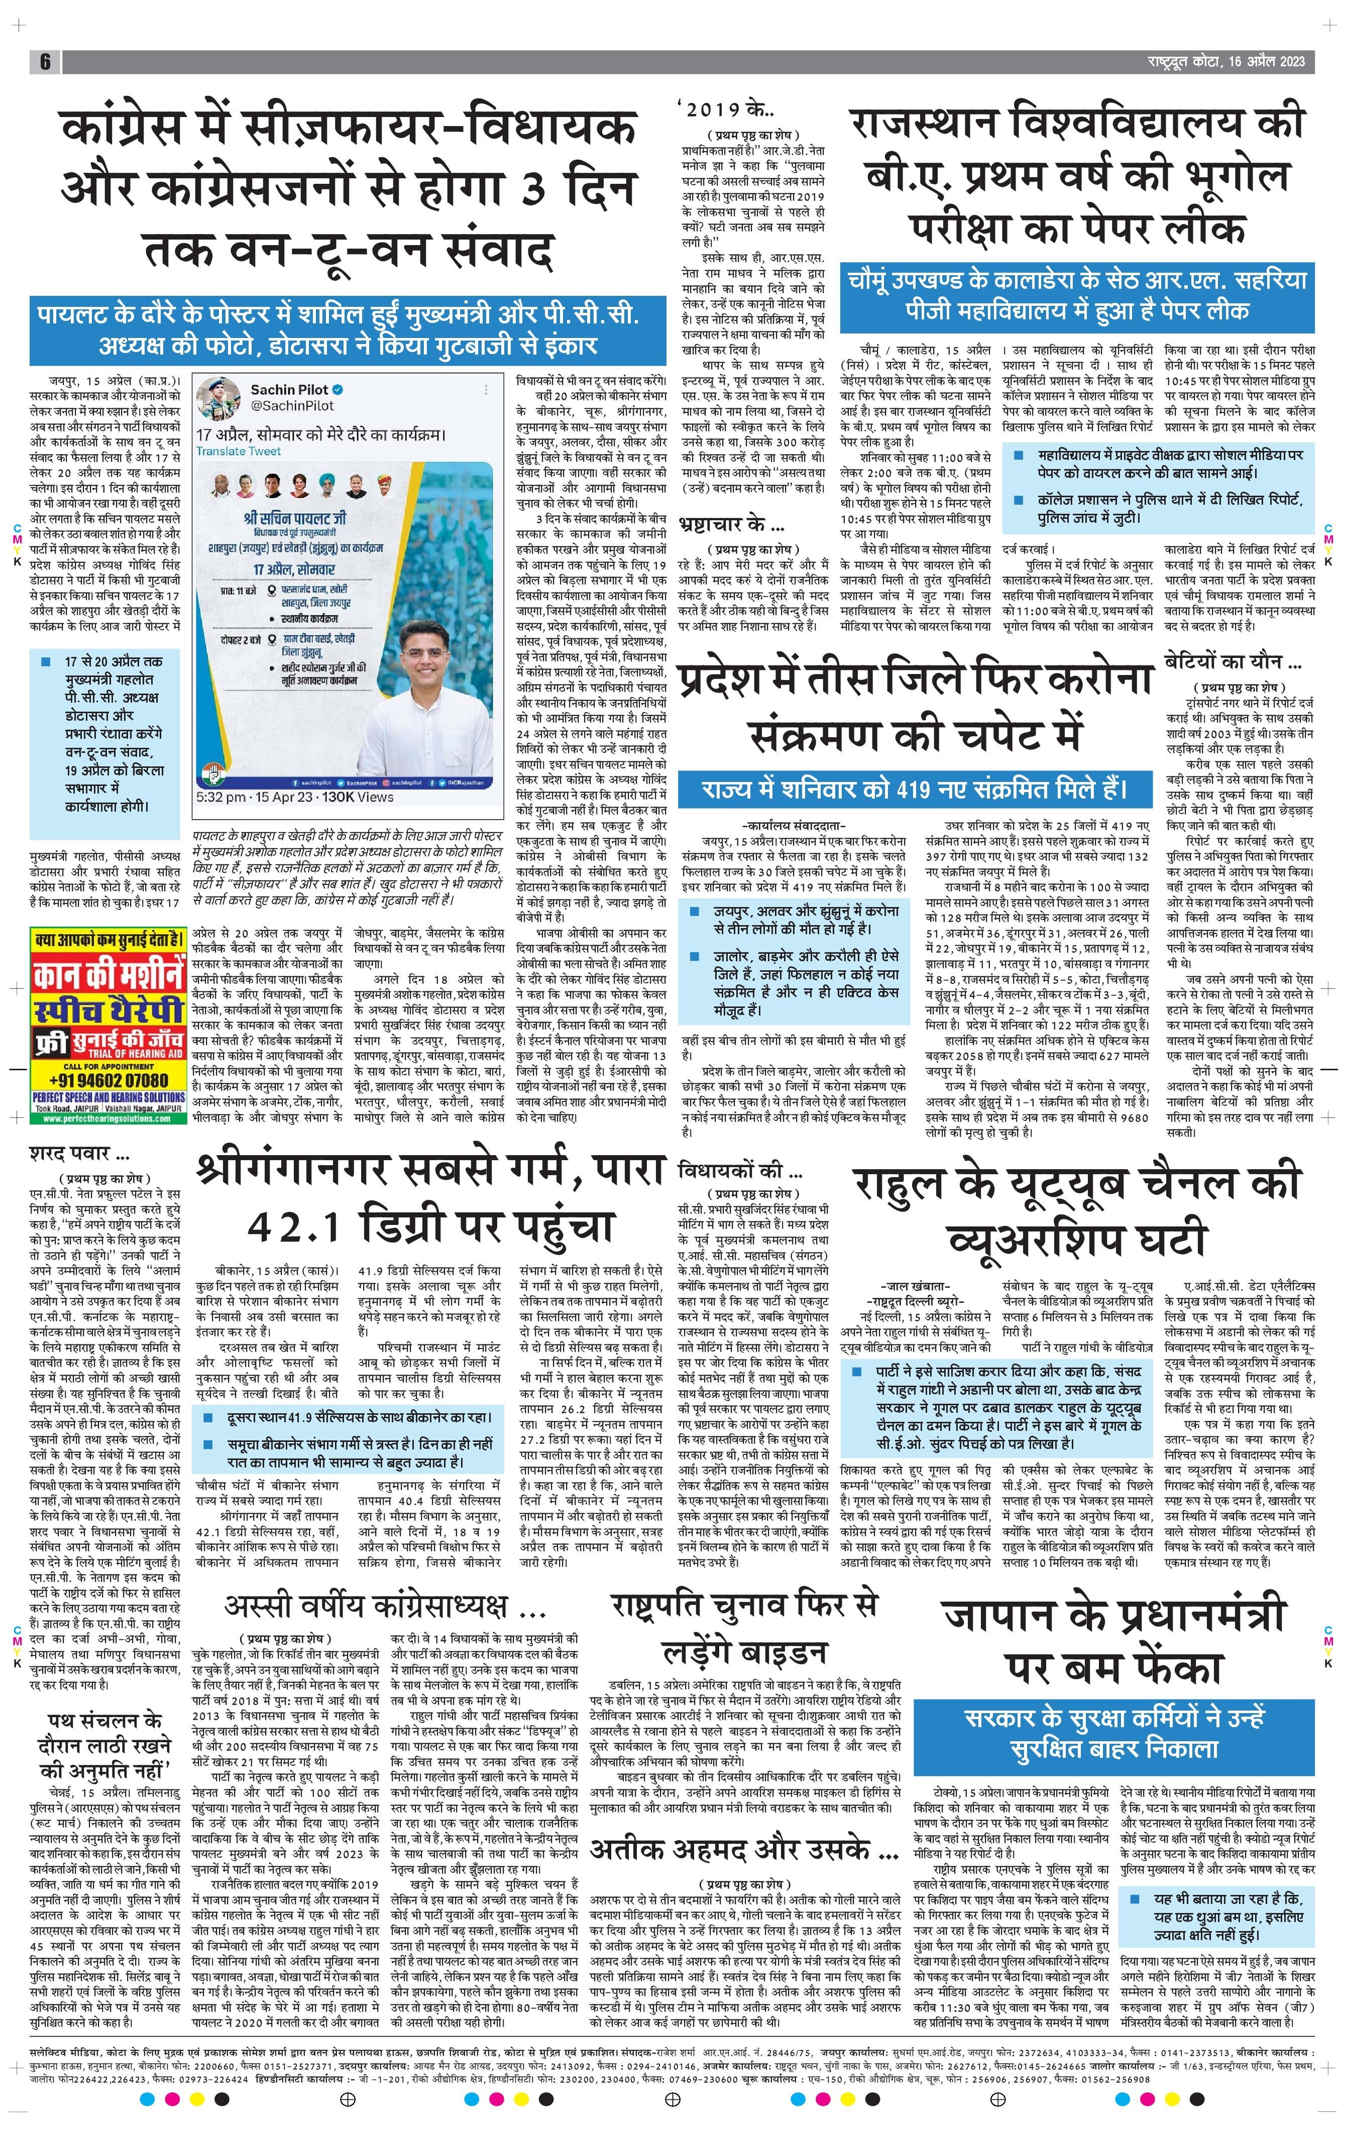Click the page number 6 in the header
44,61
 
